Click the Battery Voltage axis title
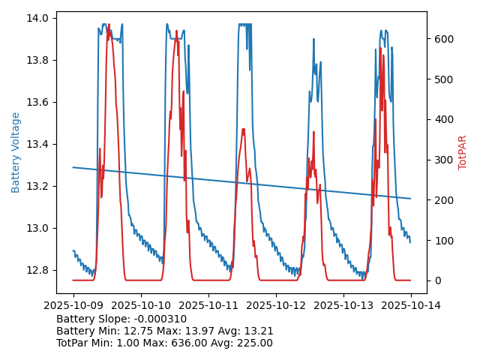pyautogui.click(x=16, y=152)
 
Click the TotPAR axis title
pyautogui.click(x=462, y=152)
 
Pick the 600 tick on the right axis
pyautogui.click(x=442, y=39)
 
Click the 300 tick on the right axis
pyautogui.click(x=442, y=160)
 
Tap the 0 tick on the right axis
pyautogui.click(x=436, y=280)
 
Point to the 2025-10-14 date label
pyautogui.click(x=410, y=305)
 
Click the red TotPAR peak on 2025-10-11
pyautogui.click(x=243, y=129)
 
